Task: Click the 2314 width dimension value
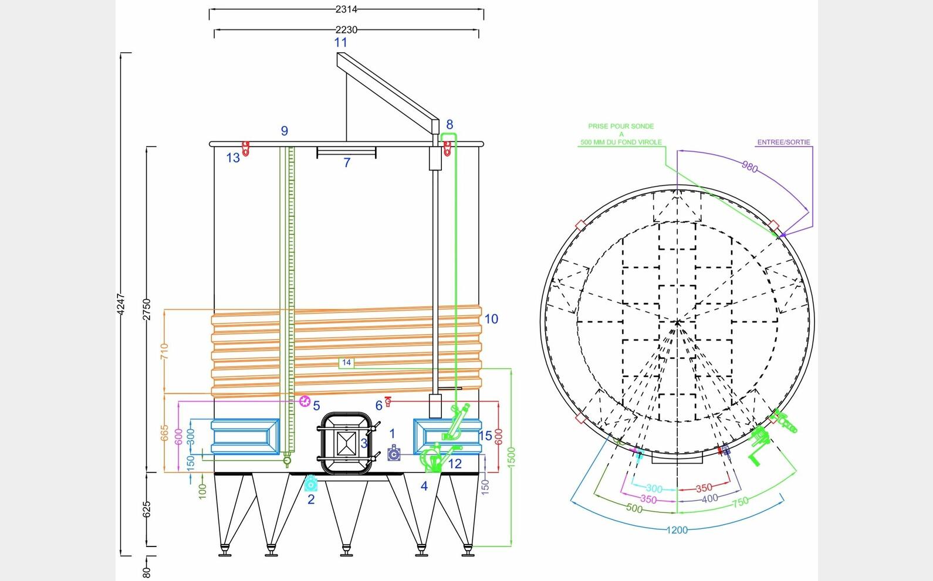click(346, 9)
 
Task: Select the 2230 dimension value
click(346, 30)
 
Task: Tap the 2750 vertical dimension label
click(147, 309)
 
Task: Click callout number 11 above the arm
click(340, 42)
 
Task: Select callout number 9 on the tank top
click(285, 131)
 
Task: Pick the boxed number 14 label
click(347, 363)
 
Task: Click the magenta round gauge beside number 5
click(305, 401)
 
